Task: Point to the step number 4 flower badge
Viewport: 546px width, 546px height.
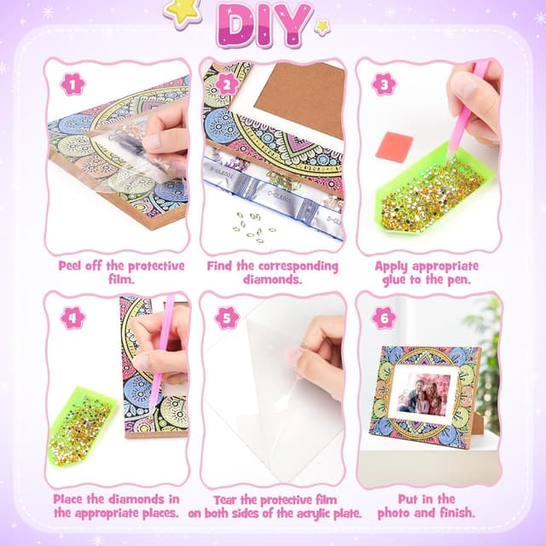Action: point(73,317)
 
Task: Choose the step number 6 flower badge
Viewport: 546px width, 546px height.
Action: point(384,317)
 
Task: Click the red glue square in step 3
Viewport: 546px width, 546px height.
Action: point(394,144)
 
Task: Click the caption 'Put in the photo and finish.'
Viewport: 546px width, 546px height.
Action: point(427,505)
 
